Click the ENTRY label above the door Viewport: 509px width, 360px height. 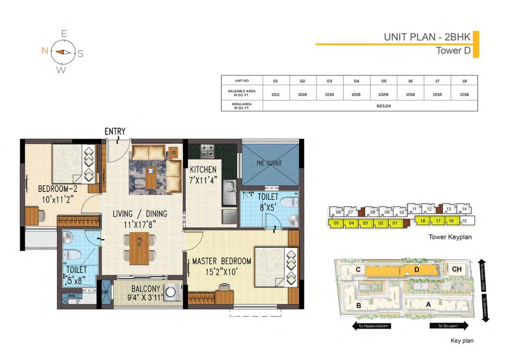115,131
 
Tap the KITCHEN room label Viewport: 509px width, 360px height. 203,170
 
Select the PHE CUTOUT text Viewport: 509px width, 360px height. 269,163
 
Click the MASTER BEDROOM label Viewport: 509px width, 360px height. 221,261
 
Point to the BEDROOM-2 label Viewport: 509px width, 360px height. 58,189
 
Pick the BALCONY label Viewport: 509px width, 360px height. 146,289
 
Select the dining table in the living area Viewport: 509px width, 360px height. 139,248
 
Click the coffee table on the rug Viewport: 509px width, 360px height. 151,177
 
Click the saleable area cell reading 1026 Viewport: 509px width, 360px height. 383,94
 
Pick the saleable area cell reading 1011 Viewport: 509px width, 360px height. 275,94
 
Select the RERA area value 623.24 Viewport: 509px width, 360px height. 383,106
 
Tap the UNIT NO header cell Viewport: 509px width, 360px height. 242,81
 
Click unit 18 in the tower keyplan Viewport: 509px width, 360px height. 422,221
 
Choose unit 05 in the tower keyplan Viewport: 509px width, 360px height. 336,223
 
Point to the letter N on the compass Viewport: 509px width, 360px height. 45,50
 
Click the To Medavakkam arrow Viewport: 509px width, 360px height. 371,326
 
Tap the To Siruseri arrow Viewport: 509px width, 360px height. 449,326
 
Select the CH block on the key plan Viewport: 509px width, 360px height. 457,269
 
